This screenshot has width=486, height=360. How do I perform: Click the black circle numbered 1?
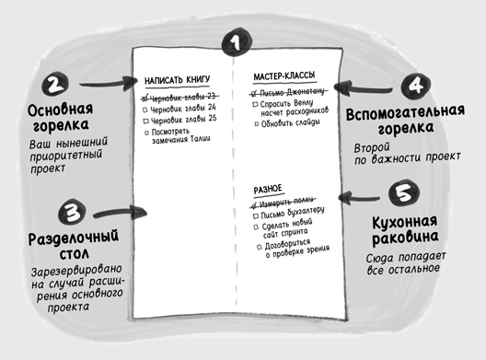pos(237,41)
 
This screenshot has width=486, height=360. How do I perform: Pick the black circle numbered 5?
pos(402,195)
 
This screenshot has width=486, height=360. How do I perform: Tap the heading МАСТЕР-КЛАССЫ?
pos(284,75)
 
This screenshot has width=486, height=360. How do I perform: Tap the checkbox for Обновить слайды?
pos(255,122)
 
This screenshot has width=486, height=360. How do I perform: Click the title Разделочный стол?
pos(56,246)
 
